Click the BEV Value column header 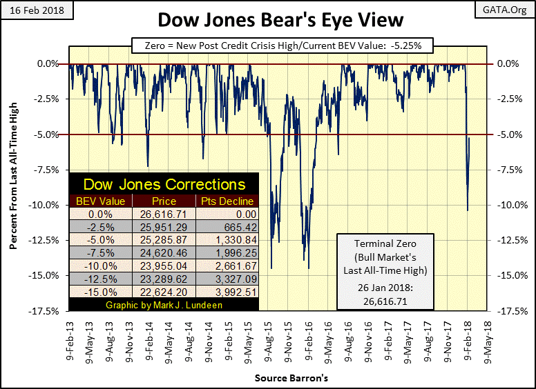pos(102,201)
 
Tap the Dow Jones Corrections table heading pos(164,185)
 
